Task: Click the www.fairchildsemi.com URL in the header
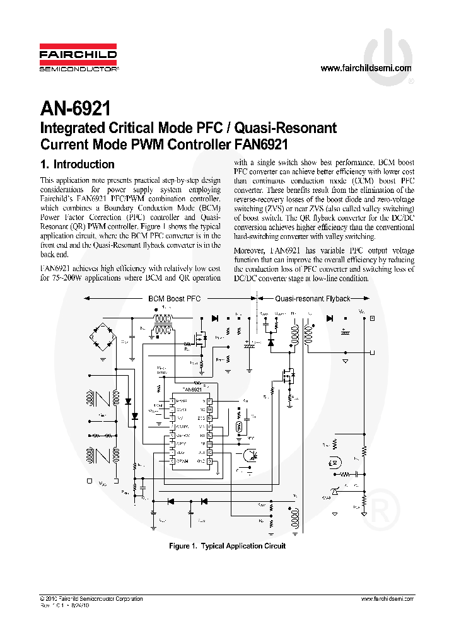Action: click(x=366, y=68)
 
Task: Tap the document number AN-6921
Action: click(x=76, y=108)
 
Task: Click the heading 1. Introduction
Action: click(x=77, y=165)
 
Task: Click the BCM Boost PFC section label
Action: click(x=174, y=298)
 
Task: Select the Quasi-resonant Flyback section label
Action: click(x=313, y=298)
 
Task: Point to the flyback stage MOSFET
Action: click(x=289, y=378)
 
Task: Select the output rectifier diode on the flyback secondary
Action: click(x=329, y=318)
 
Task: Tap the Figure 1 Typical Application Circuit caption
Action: click(x=227, y=546)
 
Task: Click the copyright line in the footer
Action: click(x=91, y=599)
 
